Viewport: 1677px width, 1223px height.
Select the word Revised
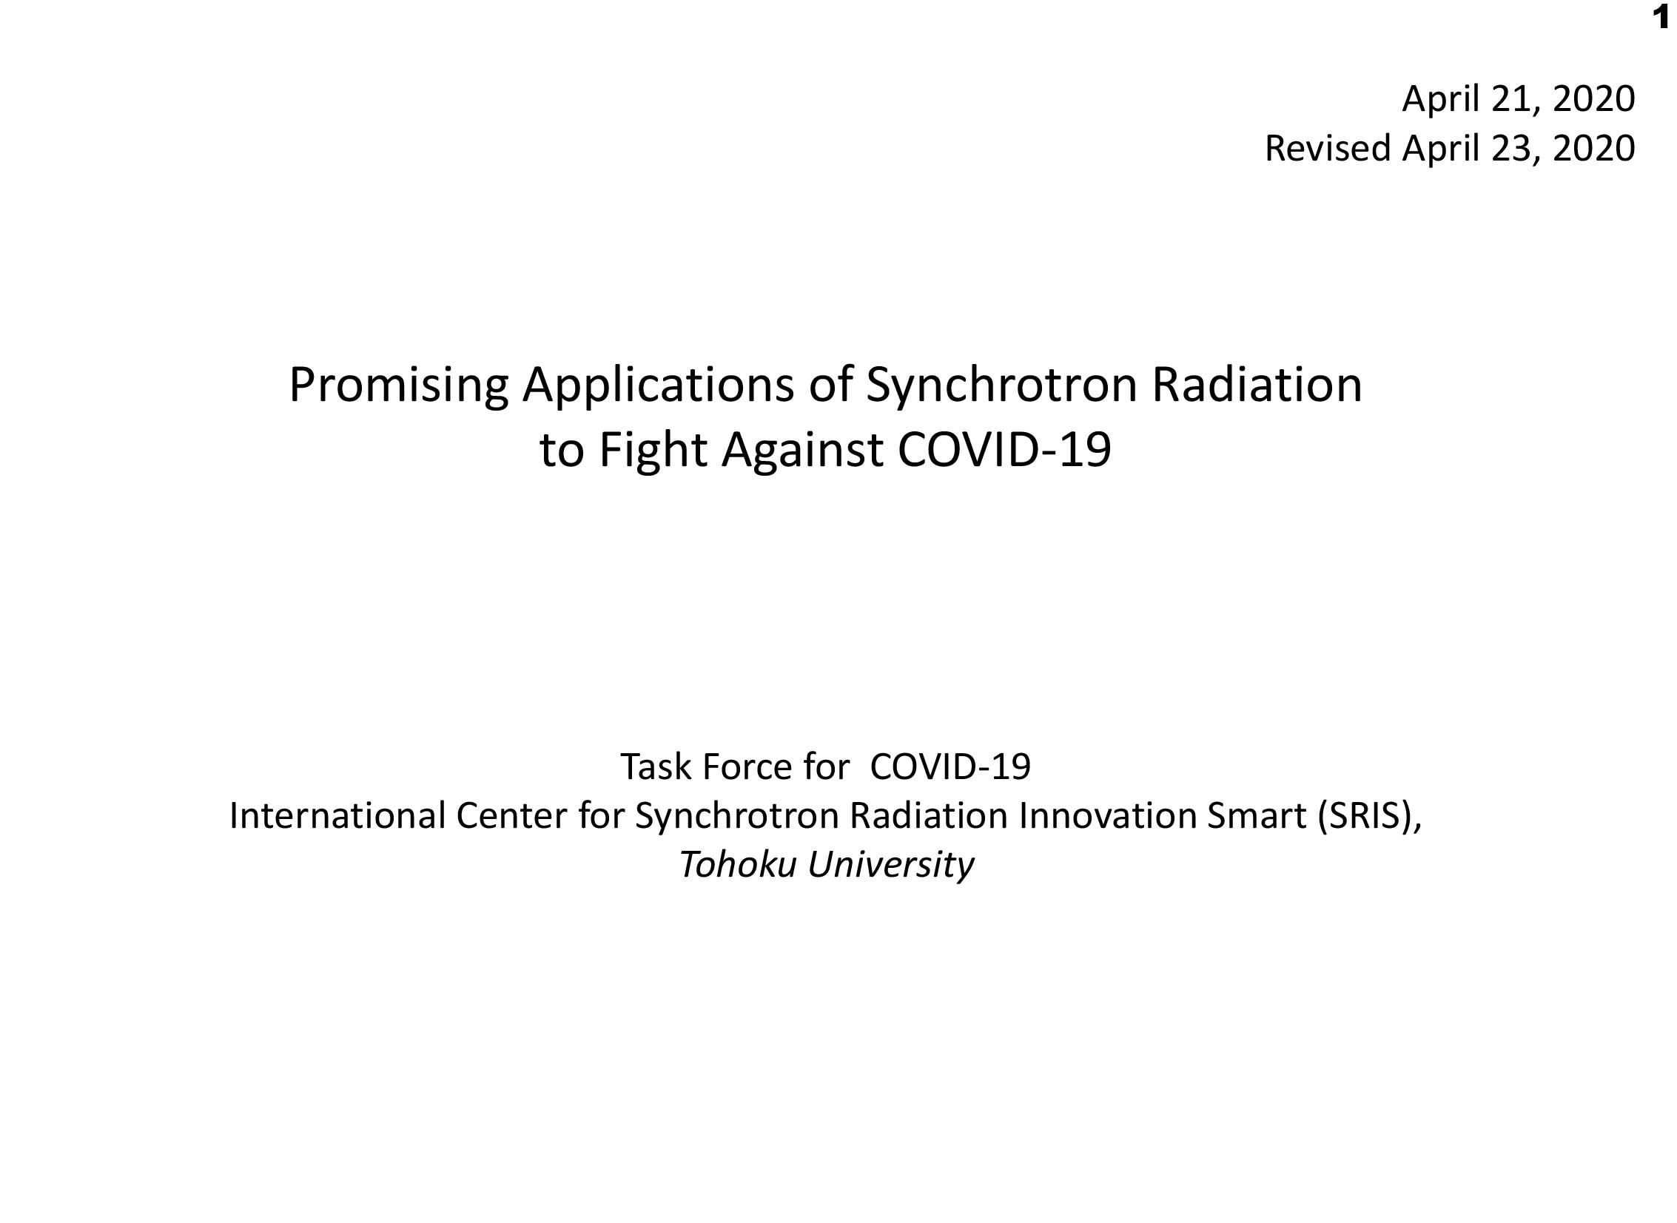coord(1328,148)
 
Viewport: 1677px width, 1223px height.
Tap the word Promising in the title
coord(398,386)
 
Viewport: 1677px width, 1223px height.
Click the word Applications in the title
coord(658,386)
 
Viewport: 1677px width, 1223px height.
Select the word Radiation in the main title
coord(1257,385)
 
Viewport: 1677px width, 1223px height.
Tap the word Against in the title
coord(801,451)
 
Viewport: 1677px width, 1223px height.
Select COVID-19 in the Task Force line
coord(950,767)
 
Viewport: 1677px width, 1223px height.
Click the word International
coord(337,816)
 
